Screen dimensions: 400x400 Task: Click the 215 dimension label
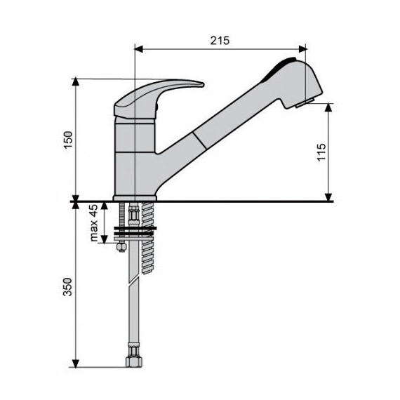220,41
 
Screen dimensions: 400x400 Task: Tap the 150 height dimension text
68,140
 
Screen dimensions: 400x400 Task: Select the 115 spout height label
321,152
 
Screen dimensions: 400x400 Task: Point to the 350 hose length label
67,287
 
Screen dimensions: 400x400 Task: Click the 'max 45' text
93,222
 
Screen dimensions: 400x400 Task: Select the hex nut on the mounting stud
121,247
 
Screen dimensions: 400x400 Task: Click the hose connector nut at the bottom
134,361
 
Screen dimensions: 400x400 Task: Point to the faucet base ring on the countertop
135,198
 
